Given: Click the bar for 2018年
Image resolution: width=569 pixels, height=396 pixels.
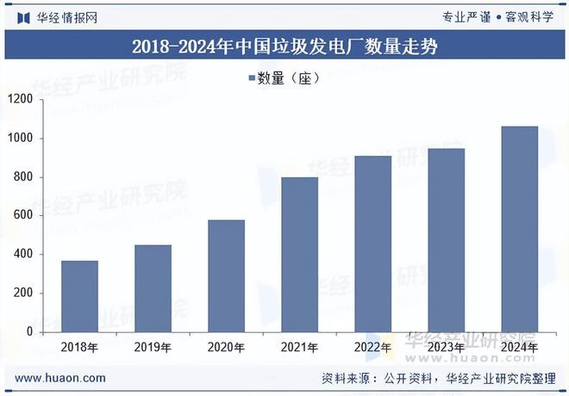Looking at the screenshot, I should (79, 296).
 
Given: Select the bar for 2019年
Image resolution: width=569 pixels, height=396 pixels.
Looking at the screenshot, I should (153, 288).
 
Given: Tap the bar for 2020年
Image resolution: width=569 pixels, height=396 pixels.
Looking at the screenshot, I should (226, 275).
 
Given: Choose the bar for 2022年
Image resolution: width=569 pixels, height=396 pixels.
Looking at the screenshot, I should (372, 244).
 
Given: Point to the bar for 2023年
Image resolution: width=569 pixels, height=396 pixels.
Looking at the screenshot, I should (446, 240).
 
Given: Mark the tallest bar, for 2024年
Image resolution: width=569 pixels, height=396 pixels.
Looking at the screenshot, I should (519, 229).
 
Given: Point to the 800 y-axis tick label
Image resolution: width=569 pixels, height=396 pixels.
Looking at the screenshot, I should (22, 177).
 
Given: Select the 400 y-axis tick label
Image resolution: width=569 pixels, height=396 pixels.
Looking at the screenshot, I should (22, 255).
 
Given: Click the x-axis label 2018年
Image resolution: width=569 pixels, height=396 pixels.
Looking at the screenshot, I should (79, 347).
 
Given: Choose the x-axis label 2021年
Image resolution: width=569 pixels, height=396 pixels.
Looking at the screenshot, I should (299, 347).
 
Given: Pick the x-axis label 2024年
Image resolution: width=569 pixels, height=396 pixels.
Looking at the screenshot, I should (519, 347).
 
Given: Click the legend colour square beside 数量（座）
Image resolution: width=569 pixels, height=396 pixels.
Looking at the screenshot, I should (252, 78).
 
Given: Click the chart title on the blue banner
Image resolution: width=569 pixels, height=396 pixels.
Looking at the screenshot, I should (284, 46).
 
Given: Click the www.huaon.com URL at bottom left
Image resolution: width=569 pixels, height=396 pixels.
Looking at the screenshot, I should (61, 378).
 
